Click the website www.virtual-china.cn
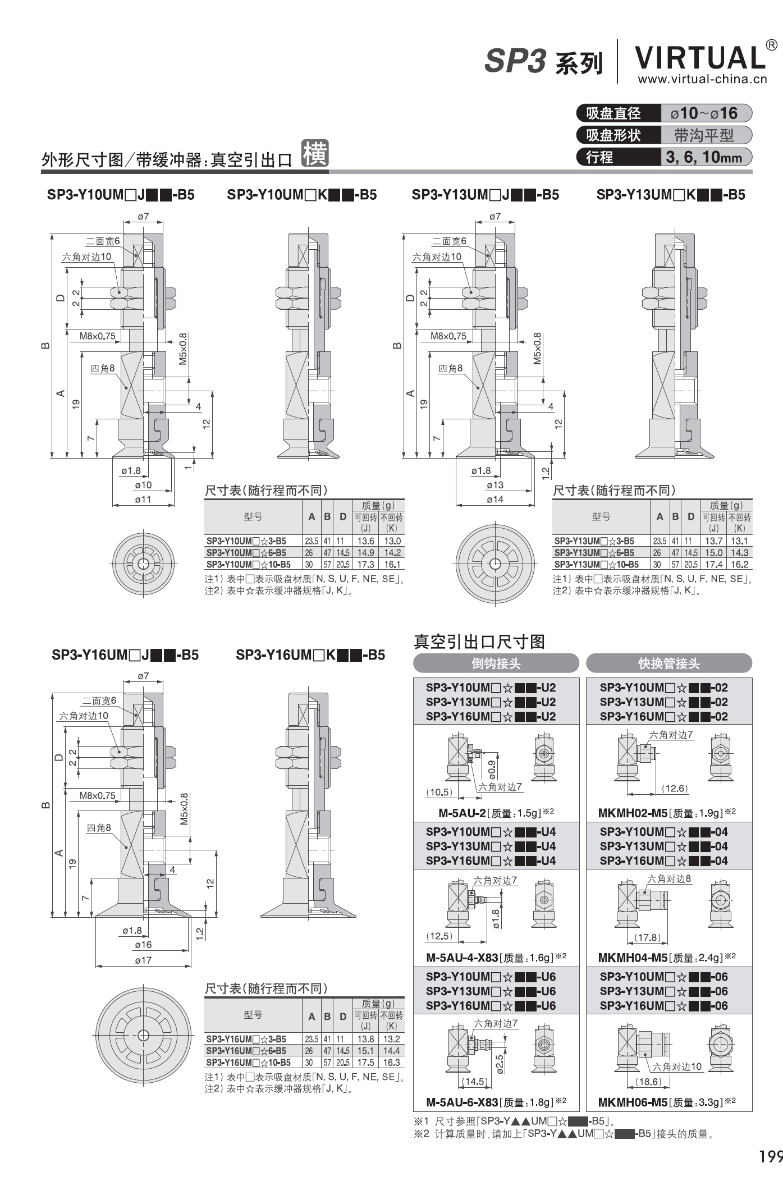[702, 79]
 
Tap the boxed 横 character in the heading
[315, 153]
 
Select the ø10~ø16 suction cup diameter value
[704, 113]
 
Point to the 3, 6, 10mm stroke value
[704, 157]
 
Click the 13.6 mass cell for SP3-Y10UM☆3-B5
[365, 541]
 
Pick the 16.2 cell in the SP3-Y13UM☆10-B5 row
[739, 565]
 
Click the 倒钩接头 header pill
[496, 663]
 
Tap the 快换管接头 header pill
[669, 663]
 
